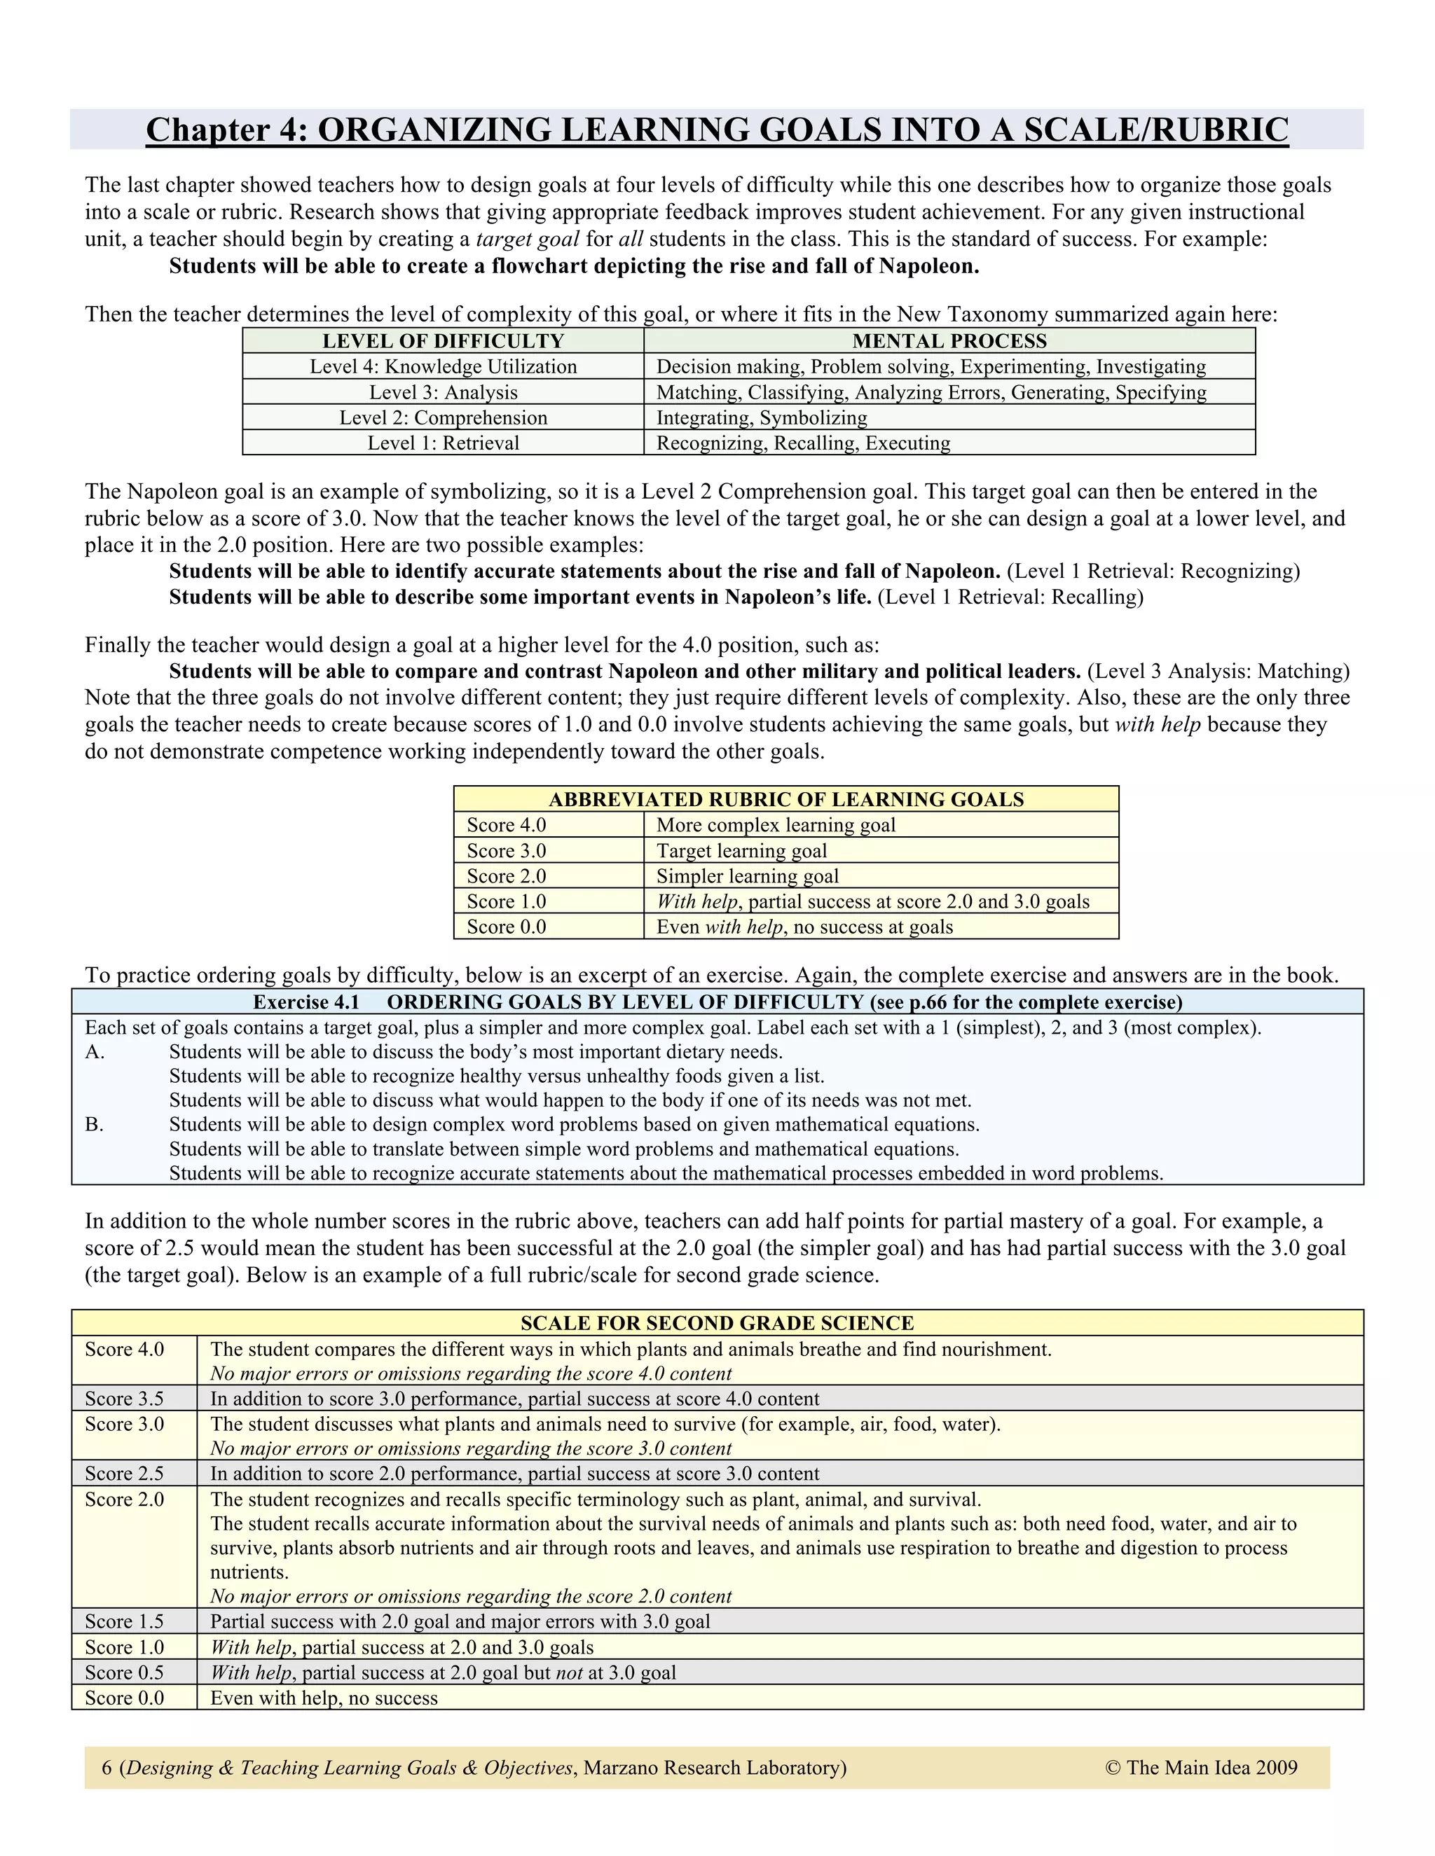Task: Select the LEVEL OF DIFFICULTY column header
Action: [x=443, y=341]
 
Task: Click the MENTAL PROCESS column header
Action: [x=949, y=341]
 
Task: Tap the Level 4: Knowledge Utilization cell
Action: [x=443, y=366]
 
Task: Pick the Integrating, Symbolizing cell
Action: [x=761, y=417]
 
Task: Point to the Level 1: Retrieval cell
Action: [x=443, y=443]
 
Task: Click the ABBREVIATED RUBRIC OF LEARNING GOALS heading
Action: [x=785, y=799]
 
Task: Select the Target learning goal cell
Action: [x=741, y=851]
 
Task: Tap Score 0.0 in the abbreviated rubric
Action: [x=506, y=927]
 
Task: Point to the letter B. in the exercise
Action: [x=95, y=1124]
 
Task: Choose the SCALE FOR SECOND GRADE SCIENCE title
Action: [x=717, y=1323]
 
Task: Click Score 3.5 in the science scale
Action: [x=124, y=1399]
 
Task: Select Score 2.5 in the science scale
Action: [x=124, y=1474]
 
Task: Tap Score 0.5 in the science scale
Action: [x=124, y=1673]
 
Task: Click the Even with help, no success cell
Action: [x=324, y=1698]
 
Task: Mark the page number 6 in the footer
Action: [x=107, y=1768]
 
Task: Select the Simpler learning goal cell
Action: [x=746, y=876]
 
